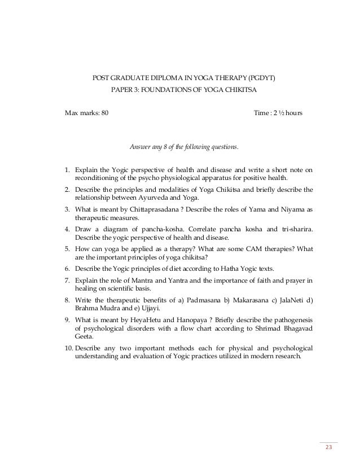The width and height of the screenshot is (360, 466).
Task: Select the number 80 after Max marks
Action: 105,113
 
